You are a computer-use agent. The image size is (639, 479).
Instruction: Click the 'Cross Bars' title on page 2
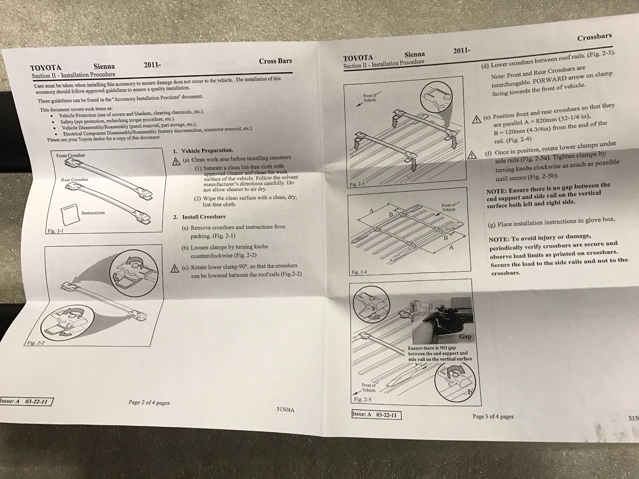(x=275, y=61)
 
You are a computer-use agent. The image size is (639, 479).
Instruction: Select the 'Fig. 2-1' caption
(x=56, y=231)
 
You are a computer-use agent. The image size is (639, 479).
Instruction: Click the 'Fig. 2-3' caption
(x=357, y=184)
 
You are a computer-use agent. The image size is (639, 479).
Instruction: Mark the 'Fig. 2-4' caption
(x=359, y=272)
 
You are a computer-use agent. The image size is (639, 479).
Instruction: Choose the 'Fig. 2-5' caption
(x=363, y=399)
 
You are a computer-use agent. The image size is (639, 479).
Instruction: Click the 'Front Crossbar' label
(x=71, y=155)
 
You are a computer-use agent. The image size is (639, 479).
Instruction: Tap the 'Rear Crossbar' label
(x=75, y=180)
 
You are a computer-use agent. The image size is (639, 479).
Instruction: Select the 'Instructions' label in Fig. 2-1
(x=93, y=213)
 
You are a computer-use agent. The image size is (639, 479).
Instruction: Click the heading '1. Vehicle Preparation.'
(x=203, y=150)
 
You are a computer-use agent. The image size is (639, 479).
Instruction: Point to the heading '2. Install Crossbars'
(x=199, y=217)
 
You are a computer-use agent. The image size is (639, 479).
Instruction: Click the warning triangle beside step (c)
(x=175, y=268)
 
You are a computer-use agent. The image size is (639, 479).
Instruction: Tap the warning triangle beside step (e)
(x=476, y=119)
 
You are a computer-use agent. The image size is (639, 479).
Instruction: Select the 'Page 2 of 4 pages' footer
(x=149, y=402)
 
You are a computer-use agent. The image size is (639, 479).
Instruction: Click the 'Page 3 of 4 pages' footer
(x=493, y=416)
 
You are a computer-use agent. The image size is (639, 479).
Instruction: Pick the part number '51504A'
(x=285, y=410)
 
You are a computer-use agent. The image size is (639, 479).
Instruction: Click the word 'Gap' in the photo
(x=465, y=336)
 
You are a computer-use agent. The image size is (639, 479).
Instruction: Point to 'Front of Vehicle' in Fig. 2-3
(x=370, y=98)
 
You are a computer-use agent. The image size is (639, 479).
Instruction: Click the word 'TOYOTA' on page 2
(x=46, y=68)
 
